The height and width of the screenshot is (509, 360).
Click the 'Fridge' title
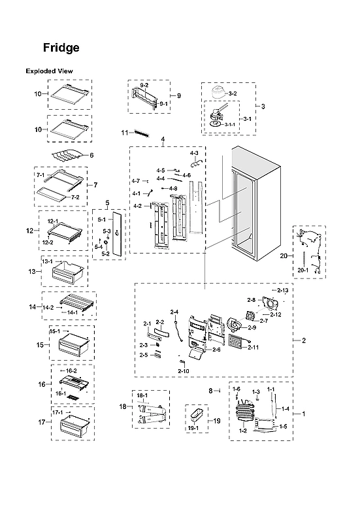click(61, 48)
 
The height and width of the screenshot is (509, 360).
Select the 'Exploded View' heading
click(49, 71)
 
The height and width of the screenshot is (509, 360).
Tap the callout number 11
click(124, 133)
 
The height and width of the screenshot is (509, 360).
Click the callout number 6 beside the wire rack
click(91, 155)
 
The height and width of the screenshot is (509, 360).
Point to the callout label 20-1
click(303, 268)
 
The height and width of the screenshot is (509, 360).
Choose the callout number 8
click(210, 390)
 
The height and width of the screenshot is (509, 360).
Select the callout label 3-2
click(233, 94)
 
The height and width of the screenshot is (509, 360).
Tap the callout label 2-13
click(283, 289)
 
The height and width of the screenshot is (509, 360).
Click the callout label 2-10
click(183, 371)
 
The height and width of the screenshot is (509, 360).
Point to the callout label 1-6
click(237, 389)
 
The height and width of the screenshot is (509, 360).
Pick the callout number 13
click(31, 271)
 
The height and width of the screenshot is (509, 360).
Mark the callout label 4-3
click(193, 152)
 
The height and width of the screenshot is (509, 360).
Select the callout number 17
click(31, 422)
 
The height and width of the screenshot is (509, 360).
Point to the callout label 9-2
click(144, 86)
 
